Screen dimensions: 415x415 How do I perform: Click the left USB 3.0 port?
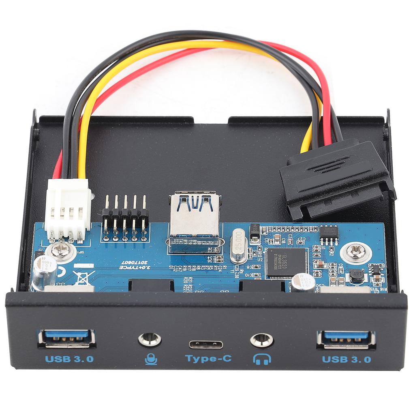[x=67, y=338]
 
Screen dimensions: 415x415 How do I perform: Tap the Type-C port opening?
[x=205, y=345]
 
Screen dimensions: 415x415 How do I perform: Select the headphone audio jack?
[x=261, y=340]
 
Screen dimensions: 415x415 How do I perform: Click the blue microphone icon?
[x=151, y=359]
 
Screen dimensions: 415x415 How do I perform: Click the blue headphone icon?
[x=261, y=359]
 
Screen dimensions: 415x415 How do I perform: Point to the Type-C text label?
[x=208, y=359]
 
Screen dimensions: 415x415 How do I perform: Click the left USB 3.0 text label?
[x=69, y=359]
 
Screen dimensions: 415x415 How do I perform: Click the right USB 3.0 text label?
[x=347, y=359]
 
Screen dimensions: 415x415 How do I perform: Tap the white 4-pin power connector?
[x=68, y=209]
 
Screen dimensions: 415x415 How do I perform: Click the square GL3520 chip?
[x=286, y=262]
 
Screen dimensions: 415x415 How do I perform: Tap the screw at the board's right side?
[x=356, y=252]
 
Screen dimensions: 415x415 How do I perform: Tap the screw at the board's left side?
[x=60, y=251]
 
